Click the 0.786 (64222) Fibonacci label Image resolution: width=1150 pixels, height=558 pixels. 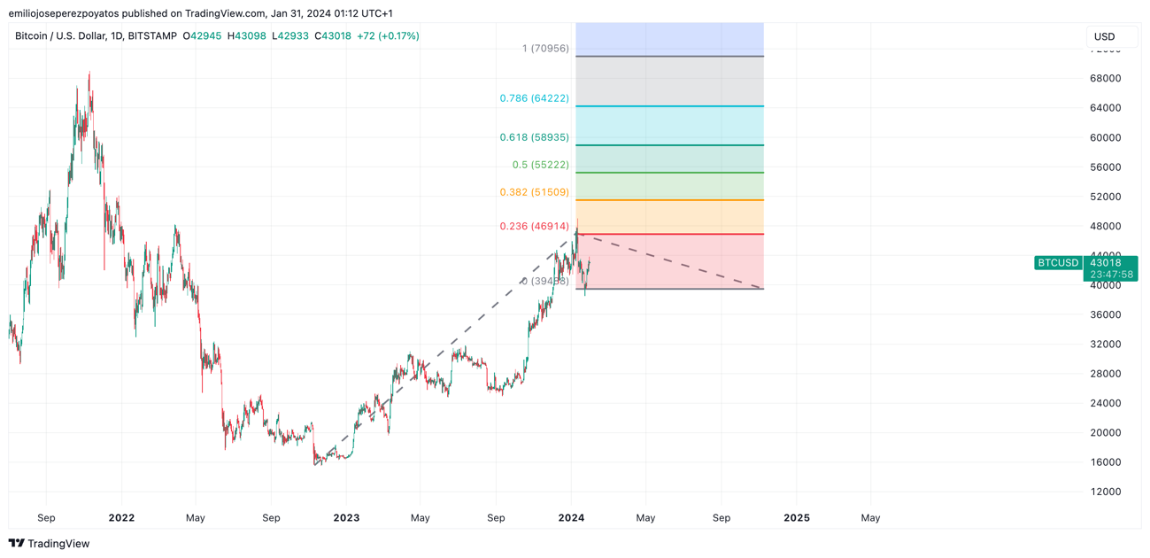(534, 98)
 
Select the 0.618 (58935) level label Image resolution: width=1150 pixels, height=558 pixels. (534, 137)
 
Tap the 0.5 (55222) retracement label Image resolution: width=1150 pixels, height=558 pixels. (540, 165)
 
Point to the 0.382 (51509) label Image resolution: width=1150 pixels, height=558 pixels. (534, 192)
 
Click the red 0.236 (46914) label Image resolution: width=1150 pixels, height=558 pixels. (534, 226)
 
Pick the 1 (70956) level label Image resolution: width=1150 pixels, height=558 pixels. (545, 49)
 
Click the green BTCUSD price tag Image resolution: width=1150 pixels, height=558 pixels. (1058, 263)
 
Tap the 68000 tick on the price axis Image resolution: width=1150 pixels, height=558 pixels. (1105, 78)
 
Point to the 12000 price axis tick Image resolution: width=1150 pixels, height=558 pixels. (1105, 492)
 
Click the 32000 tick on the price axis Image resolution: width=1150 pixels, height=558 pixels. (1105, 344)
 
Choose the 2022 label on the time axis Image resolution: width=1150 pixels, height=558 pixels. (121, 517)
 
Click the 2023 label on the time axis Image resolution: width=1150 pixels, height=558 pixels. (346, 517)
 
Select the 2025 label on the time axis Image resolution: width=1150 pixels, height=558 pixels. (797, 517)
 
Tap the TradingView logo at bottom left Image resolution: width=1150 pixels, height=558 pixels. (50, 543)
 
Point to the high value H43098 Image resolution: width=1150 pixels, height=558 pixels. (247, 36)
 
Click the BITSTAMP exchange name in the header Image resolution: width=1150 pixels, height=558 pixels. (152, 36)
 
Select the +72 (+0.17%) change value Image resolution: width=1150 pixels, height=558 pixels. (388, 36)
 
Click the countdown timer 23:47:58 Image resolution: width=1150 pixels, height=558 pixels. (1111, 275)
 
